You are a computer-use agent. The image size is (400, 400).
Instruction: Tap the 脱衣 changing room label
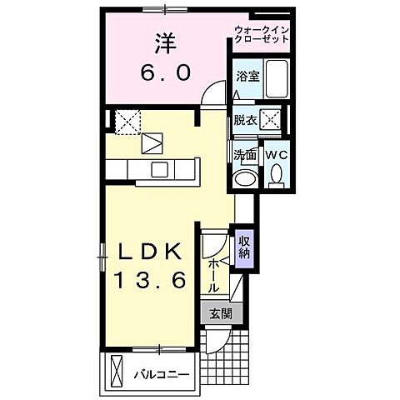tap(246, 121)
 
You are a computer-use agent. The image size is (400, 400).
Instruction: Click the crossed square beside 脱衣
tap(271, 122)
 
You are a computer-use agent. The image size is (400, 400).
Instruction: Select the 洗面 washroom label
tap(244, 154)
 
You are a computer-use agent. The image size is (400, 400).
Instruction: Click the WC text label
tap(275, 155)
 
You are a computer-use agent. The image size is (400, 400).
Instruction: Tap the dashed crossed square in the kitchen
tap(129, 122)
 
